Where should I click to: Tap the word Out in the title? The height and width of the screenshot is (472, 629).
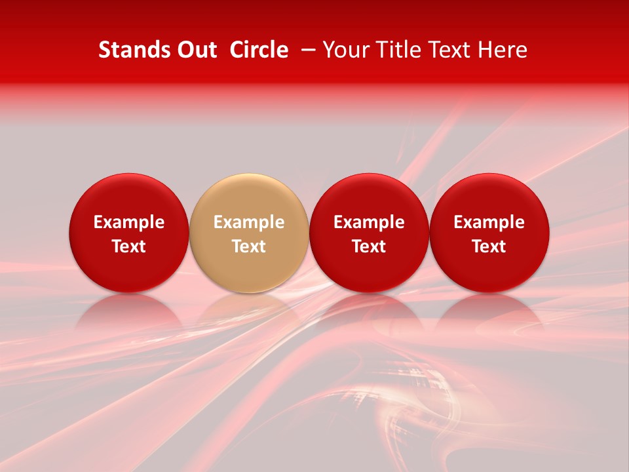(x=195, y=50)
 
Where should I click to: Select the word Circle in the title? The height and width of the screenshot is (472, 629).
(x=259, y=50)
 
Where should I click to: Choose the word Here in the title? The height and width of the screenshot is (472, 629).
(x=501, y=50)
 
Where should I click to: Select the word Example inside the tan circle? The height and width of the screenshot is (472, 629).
(x=249, y=222)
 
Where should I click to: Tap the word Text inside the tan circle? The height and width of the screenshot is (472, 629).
(x=249, y=246)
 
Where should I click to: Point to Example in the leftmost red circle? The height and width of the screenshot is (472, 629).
(x=128, y=222)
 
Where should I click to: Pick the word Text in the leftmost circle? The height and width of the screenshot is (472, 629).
(x=128, y=246)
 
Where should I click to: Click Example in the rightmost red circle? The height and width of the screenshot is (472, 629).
(x=489, y=222)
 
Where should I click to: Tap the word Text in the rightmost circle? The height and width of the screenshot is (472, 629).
(x=489, y=246)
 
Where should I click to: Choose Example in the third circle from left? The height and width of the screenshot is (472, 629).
(x=369, y=222)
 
